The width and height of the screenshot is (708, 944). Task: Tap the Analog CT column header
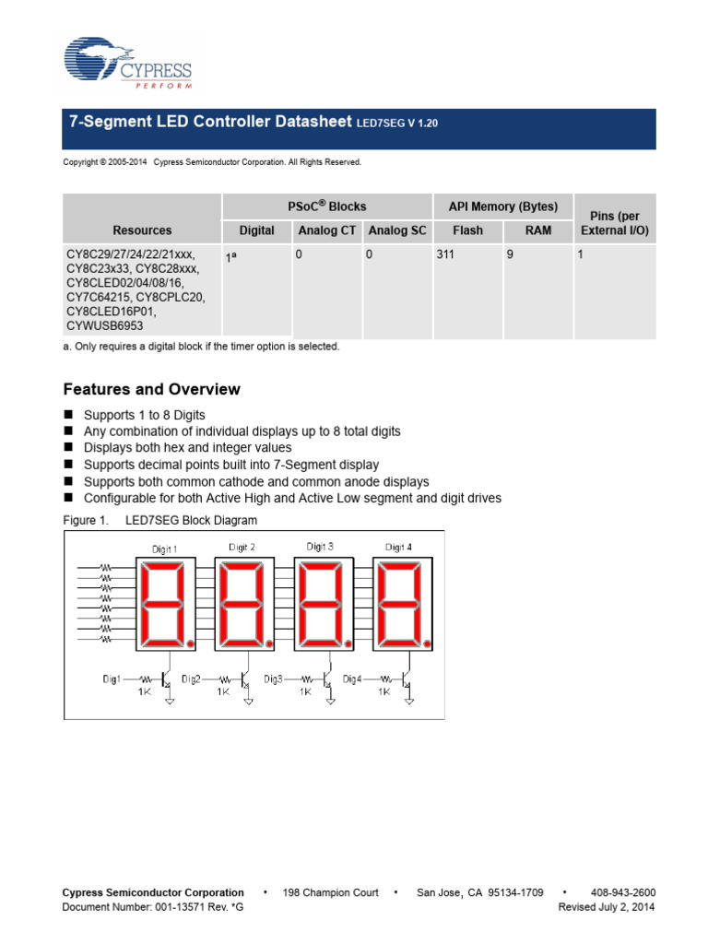click(x=326, y=230)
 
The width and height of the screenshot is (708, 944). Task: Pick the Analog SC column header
click(x=396, y=230)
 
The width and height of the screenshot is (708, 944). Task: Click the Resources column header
click(x=142, y=230)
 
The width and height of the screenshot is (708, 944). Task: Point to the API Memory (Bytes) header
click(x=502, y=206)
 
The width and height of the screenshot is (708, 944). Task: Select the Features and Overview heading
click(x=151, y=389)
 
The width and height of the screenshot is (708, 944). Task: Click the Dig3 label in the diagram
click(x=274, y=678)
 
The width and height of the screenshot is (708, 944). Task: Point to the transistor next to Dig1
click(x=167, y=679)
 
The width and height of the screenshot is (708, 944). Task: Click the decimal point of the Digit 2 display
click(x=270, y=643)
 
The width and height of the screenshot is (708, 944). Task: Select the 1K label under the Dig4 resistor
click(x=384, y=691)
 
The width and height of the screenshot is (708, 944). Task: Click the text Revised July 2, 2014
click(x=607, y=907)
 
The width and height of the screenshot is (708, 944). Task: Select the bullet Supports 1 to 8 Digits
click(x=144, y=415)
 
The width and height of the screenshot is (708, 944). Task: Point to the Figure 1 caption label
click(x=86, y=520)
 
